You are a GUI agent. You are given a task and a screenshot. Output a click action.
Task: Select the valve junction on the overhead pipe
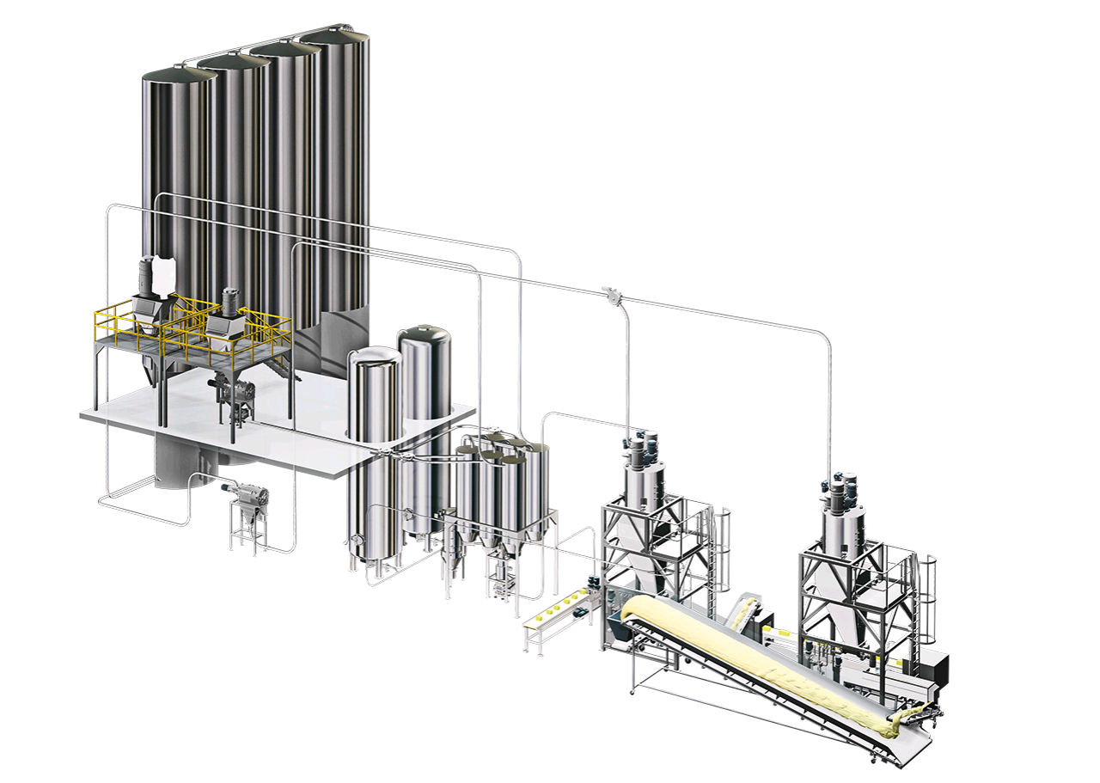(611, 296)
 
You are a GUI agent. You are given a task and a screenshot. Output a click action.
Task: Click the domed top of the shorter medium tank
(374, 357)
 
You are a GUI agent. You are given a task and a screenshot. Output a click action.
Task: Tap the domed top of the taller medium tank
(425, 335)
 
